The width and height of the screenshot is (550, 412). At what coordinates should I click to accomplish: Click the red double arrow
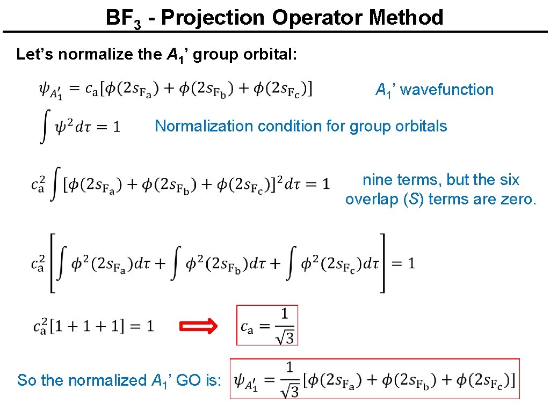click(198, 326)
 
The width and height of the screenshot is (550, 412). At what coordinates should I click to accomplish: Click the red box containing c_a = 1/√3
click(267, 325)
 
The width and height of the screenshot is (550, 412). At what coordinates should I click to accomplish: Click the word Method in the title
click(406, 18)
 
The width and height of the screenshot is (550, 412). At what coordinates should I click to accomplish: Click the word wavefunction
click(447, 90)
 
